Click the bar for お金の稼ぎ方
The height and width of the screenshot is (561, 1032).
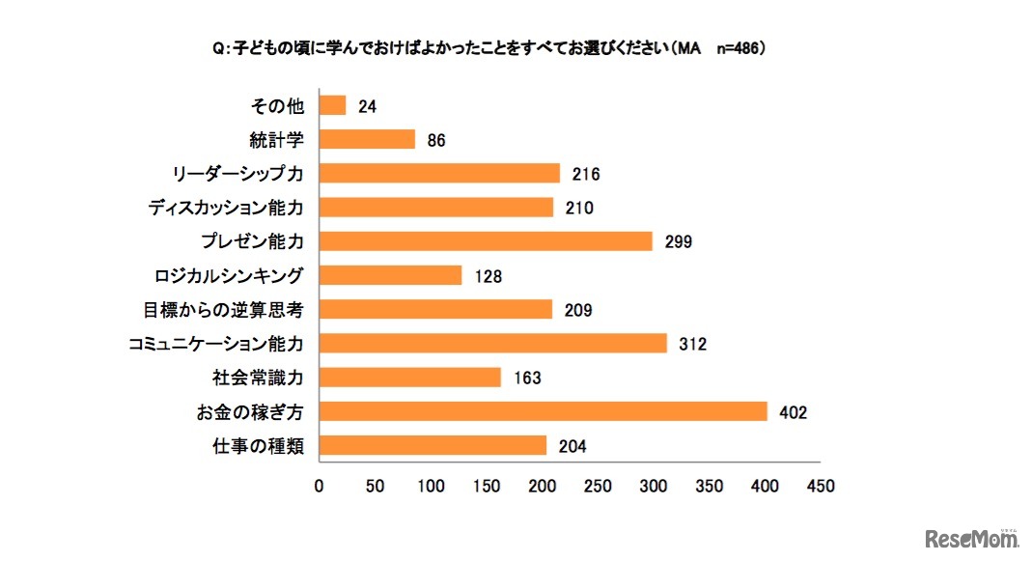pyautogui.click(x=542, y=411)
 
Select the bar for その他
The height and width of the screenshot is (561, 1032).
pyautogui.click(x=331, y=105)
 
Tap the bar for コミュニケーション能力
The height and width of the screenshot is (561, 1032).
pyautogui.click(x=492, y=343)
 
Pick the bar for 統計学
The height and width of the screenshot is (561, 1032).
pyautogui.click(x=366, y=139)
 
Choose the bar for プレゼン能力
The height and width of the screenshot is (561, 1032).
pyautogui.click(x=485, y=241)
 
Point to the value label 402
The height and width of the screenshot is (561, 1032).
pyautogui.click(x=793, y=412)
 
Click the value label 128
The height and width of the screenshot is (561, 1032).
pyautogui.click(x=488, y=276)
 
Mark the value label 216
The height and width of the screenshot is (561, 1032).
pyautogui.click(x=585, y=174)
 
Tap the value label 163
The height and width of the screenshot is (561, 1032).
pyautogui.click(x=526, y=378)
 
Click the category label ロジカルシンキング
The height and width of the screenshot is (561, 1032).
pyautogui.click(x=229, y=276)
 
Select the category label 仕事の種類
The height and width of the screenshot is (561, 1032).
pyautogui.click(x=258, y=446)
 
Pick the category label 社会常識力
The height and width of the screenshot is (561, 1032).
pyautogui.click(x=258, y=378)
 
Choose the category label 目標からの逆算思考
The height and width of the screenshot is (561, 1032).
pyautogui.click(x=223, y=310)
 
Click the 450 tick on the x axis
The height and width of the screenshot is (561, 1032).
pyautogui.click(x=820, y=486)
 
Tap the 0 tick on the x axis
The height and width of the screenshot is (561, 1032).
pyautogui.click(x=319, y=486)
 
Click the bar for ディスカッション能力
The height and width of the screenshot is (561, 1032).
pyautogui.click(x=435, y=208)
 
